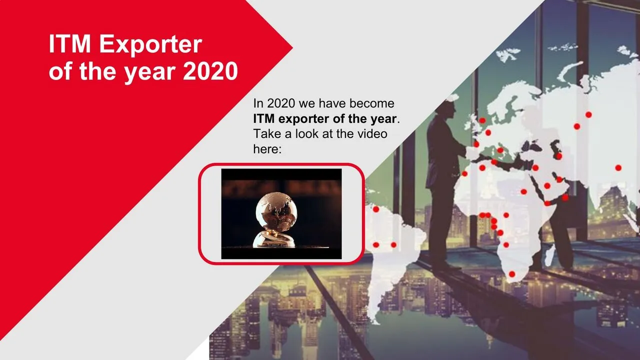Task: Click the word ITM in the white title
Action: click(x=69, y=44)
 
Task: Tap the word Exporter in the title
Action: click(x=150, y=45)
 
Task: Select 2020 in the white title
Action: click(x=210, y=71)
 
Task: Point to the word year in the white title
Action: click(x=150, y=73)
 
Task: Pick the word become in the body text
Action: click(x=371, y=103)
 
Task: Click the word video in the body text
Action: click(x=372, y=133)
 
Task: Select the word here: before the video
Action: click(x=267, y=149)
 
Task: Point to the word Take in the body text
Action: click(x=267, y=133)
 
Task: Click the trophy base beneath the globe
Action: click(x=273, y=239)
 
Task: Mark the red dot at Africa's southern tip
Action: click(x=512, y=274)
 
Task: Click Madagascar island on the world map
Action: click(x=549, y=255)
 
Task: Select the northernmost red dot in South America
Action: click(x=376, y=209)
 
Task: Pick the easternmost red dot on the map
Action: click(x=618, y=167)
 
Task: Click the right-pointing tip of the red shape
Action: click(x=292, y=48)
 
